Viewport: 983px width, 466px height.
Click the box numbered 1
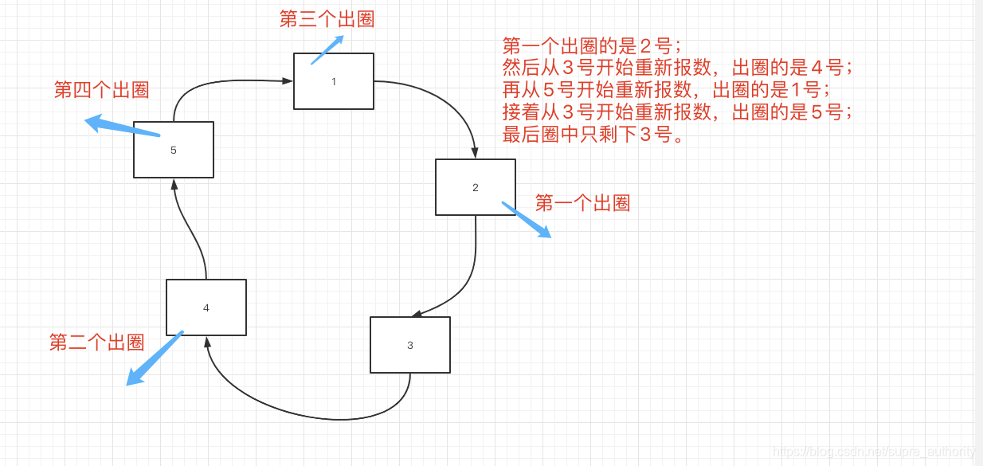point(333,81)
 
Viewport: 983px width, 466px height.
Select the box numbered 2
point(475,187)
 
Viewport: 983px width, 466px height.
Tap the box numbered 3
point(409,345)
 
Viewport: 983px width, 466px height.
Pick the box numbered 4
point(206,307)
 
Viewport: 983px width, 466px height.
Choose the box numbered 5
point(173,150)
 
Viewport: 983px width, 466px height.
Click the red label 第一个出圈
point(582,203)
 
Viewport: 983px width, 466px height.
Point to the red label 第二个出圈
point(96,343)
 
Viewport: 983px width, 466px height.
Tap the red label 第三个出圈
point(327,19)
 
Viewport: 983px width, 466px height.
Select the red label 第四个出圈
point(101,89)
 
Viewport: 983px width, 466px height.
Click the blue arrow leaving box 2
point(526,219)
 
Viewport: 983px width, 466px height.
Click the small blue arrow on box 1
point(327,49)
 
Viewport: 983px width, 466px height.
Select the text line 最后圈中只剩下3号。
point(593,135)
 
